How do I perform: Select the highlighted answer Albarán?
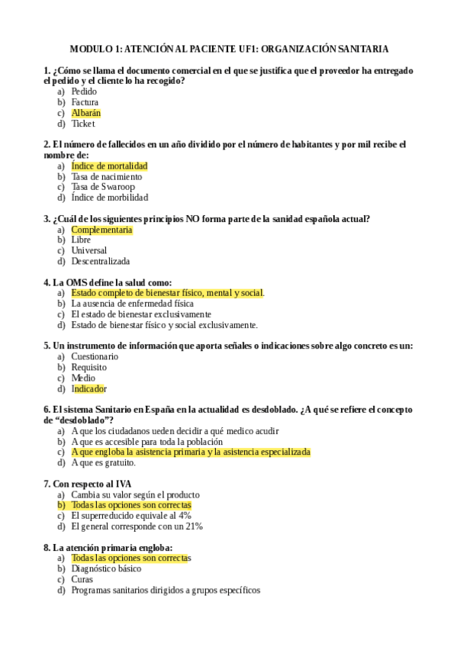[85, 113]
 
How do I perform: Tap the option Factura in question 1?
[85, 102]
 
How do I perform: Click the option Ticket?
[83, 124]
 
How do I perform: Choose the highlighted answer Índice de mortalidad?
[109, 166]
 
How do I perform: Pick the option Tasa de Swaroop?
[102, 187]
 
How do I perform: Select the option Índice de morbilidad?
[109, 198]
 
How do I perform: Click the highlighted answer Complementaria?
[101, 230]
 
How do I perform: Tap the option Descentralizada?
[100, 261]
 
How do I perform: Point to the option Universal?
[89, 250]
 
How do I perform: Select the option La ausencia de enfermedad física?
[132, 304]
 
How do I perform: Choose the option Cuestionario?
[95, 356]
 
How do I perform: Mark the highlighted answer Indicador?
[89, 388]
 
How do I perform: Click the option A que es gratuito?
[103, 462]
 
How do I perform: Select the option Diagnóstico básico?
[106, 568]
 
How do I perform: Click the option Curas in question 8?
[82, 579]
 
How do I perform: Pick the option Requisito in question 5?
[89, 367]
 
